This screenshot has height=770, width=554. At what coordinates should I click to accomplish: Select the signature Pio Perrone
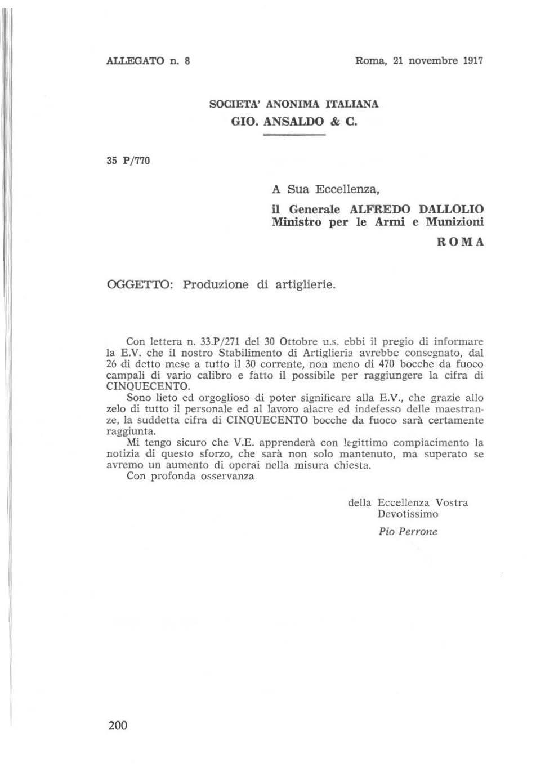pyautogui.click(x=408, y=531)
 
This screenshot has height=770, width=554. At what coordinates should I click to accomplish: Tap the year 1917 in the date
pyautogui.click(x=471, y=60)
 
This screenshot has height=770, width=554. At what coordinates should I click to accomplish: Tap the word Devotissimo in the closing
pyautogui.click(x=408, y=514)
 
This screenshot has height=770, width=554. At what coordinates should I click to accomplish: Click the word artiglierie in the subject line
pyautogui.click(x=305, y=284)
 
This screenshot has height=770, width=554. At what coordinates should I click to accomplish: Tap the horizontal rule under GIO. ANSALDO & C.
pyautogui.click(x=294, y=136)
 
